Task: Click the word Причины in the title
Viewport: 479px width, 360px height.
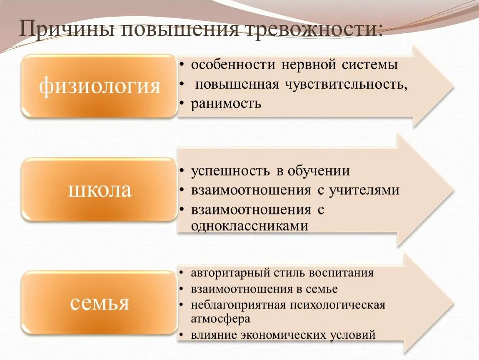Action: point(66,30)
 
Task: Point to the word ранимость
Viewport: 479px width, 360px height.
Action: point(226,103)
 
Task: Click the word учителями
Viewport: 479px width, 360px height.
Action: point(364,190)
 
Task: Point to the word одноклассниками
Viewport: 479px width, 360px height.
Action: point(250,226)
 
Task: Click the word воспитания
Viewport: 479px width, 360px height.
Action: point(341,273)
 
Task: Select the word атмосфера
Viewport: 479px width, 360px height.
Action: point(221,319)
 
